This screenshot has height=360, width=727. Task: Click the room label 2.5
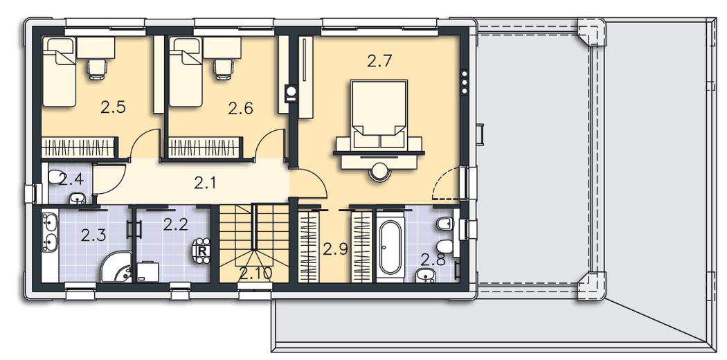(113, 108)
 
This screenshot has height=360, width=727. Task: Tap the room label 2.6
(241, 109)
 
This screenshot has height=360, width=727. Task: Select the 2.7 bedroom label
(379, 61)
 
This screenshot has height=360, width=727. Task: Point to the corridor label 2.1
(204, 184)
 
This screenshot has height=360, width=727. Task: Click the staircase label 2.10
(255, 273)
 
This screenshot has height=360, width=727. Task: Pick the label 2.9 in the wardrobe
(335, 250)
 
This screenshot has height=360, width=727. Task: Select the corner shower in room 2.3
(116, 268)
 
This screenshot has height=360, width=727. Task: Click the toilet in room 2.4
(57, 177)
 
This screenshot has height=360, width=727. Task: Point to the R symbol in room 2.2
(202, 251)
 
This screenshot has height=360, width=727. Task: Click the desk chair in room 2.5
(98, 69)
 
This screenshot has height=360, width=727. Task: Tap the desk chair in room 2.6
(222, 69)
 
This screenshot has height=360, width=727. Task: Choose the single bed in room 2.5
(59, 72)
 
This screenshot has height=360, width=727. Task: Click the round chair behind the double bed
(379, 172)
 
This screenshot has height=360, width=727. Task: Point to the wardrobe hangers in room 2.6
(204, 148)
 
